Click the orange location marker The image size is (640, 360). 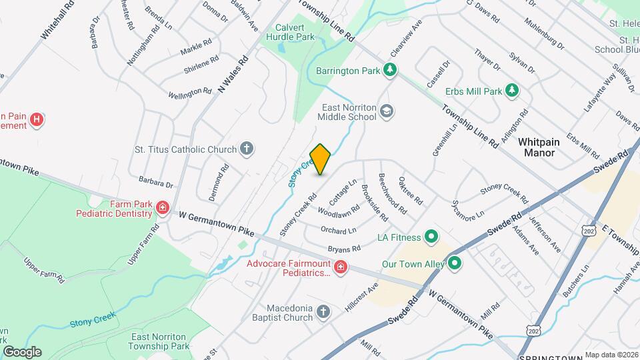coord(321,159)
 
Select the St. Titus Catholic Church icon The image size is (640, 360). coord(247,148)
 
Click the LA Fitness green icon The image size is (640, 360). coord(431,237)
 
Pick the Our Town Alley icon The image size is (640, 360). coord(455,263)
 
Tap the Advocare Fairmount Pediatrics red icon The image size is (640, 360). coord(340,267)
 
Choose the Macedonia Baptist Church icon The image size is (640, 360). coord(323,311)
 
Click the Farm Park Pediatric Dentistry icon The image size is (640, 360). coord(161,209)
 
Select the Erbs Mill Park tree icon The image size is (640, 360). coord(512,90)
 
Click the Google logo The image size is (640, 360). coord(21,351)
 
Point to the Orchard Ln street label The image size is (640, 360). coord(339,231)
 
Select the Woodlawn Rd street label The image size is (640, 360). coord(335,213)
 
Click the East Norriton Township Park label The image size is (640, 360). coord(160,341)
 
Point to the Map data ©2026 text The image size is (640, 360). coord(611,355)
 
